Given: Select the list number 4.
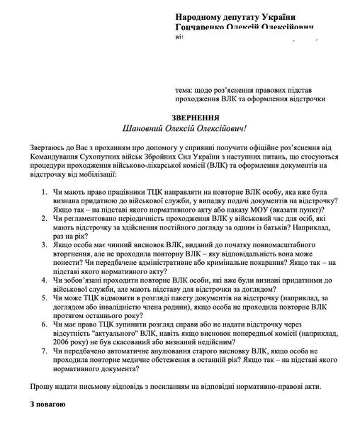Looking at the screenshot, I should pos(45,280).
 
